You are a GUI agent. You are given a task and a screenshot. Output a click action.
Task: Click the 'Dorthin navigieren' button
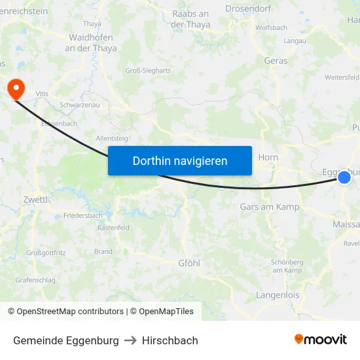(x=180, y=161)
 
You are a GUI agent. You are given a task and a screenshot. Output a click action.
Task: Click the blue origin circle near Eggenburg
(x=344, y=177)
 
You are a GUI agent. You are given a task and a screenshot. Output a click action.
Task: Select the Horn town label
(x=268, y=157)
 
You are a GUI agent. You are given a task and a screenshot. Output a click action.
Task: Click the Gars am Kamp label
(x=270, y=207)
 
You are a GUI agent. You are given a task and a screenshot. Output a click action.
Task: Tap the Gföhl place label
(x=189, y=262)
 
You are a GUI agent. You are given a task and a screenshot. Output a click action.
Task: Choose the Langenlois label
(x=278, y=295)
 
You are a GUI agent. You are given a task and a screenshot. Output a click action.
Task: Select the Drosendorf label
(x=249, y=9)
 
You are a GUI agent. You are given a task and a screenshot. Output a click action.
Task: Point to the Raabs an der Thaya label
(x=190, y=19)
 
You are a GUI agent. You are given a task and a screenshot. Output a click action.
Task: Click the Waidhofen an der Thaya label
(x=93, y=43)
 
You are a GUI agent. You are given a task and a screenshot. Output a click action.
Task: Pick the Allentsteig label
(x=112, y=138)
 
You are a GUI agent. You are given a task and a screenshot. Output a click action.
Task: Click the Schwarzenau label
(x=79, y=105)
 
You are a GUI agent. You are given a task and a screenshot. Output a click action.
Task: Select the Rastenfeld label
(x=113, y=228)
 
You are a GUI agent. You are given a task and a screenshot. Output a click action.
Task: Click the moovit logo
(x=321, y=340)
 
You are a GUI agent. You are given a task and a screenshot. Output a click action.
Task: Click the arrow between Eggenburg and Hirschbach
(x=130, y=340)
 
